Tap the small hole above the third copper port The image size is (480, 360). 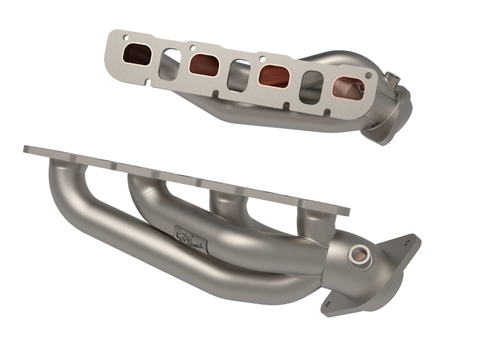click(263, 59)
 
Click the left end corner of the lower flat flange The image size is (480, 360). click(27, 148)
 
